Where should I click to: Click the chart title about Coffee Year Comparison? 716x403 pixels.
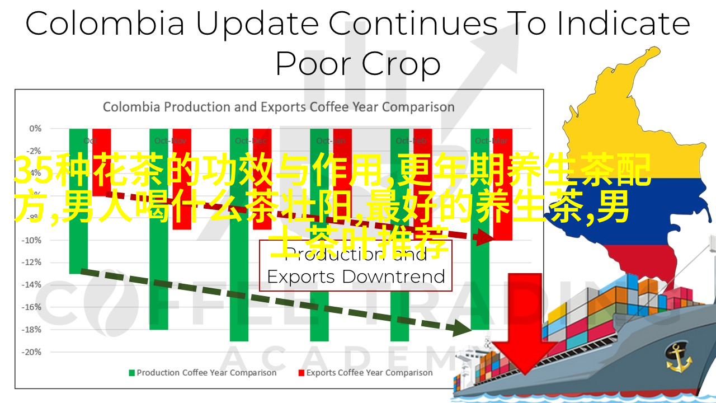pos(279,106)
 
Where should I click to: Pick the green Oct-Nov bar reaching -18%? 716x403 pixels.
pos(159,291)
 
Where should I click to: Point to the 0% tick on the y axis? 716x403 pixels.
pos(35,128)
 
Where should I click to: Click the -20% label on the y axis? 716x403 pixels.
pos(33,352)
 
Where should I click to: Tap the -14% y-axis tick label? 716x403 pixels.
pos(33,284)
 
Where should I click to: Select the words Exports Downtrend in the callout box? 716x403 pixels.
pos(356,277)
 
